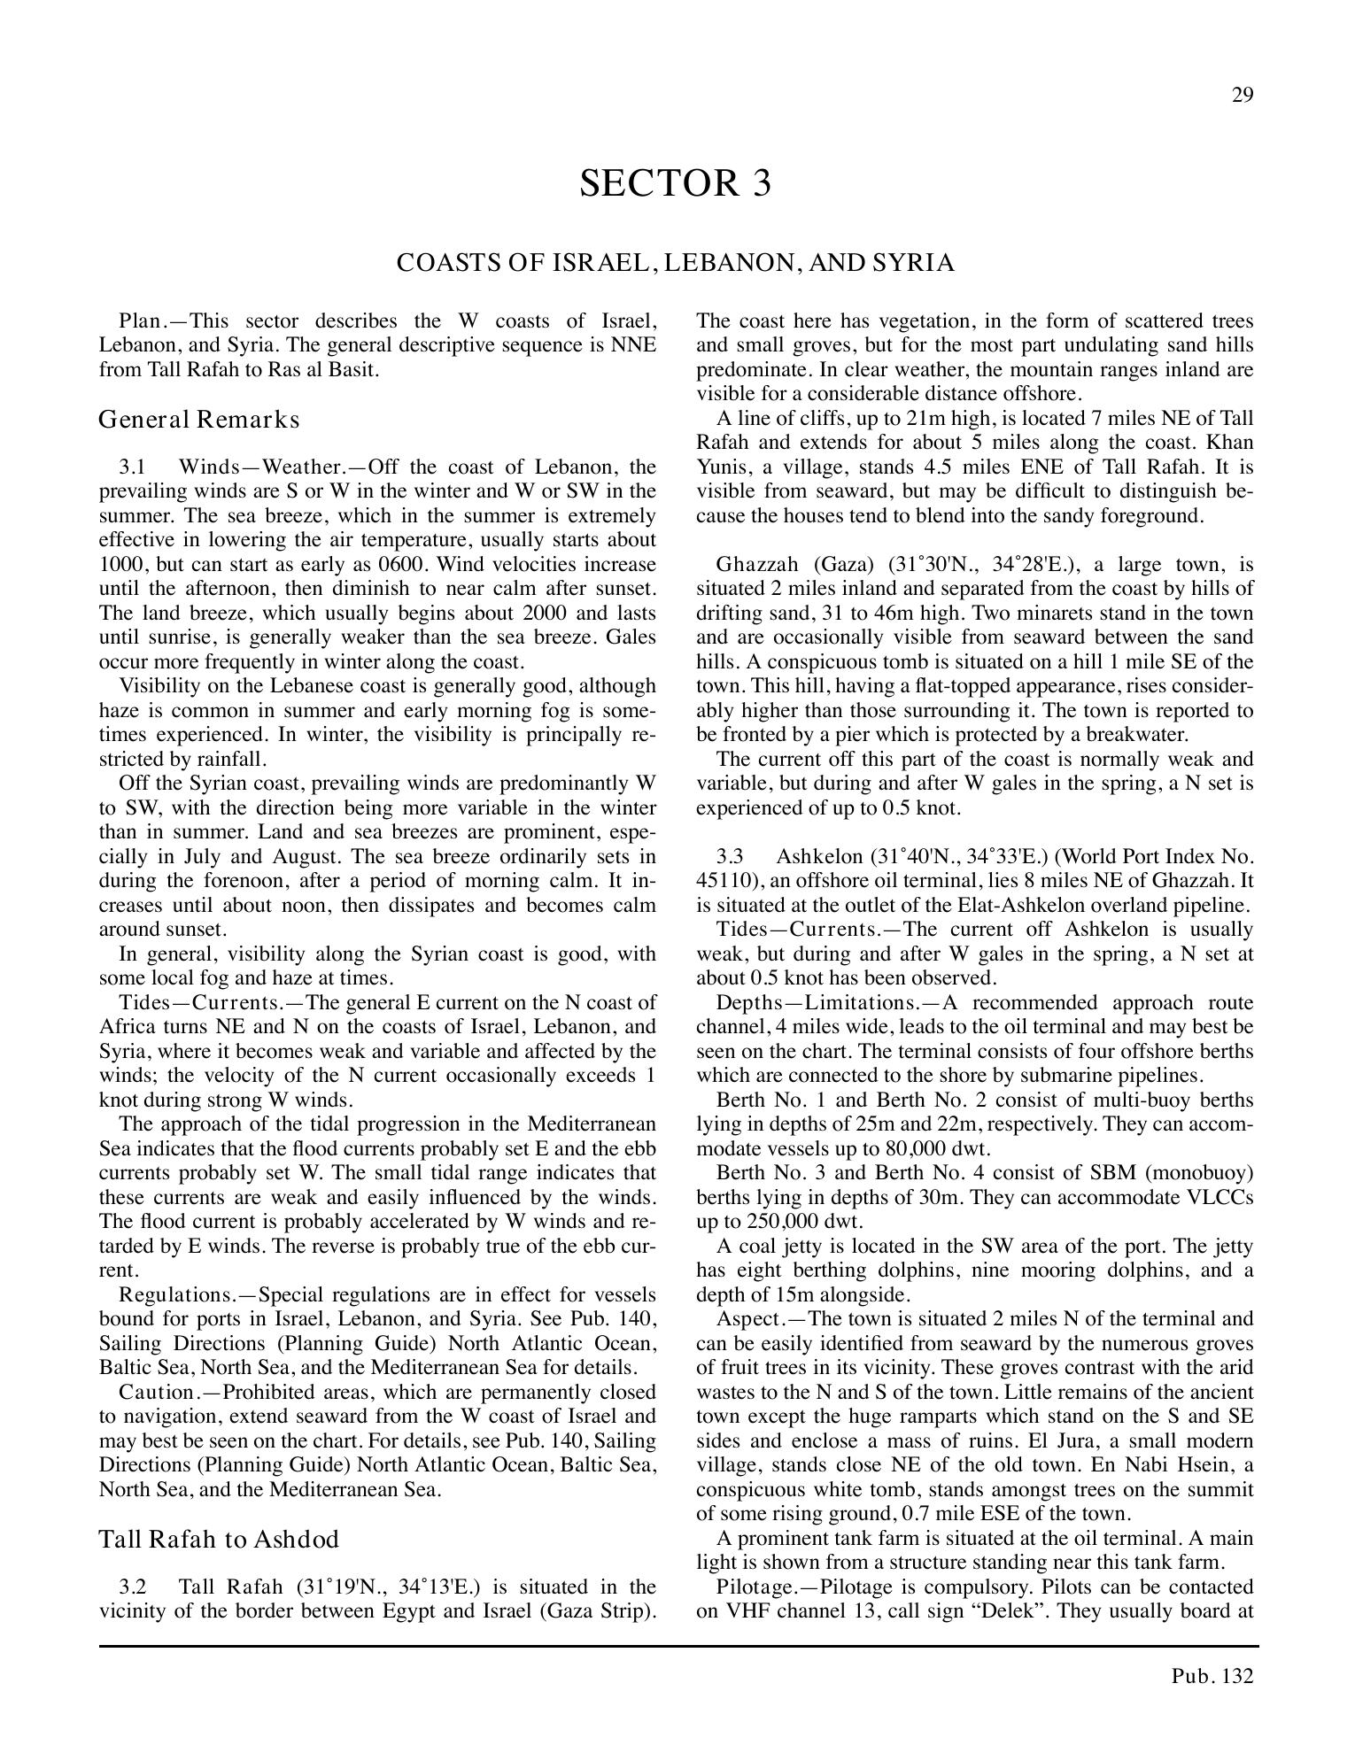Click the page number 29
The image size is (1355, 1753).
pos(1243,96)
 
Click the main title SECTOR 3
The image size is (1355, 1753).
pos(676,183)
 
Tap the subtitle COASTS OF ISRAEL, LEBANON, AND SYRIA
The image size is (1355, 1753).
pos(676,263)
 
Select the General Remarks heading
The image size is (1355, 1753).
pos(199,419)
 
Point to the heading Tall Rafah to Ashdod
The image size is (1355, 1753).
pos(219,1540)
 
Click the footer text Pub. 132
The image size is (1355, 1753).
pos(1212,1676)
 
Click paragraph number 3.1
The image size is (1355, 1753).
pos(132,467)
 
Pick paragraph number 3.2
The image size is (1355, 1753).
pos(132,1587)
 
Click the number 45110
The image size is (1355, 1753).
pos(723,881)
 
